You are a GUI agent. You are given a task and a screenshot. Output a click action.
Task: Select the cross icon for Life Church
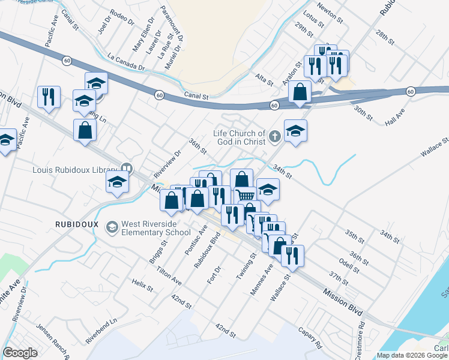click(275, 137)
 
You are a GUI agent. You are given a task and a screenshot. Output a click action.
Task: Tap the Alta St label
click(265, 79)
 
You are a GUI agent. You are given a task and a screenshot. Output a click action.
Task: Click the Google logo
click(20, 353)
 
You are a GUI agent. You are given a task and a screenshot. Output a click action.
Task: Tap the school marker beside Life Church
click(295, 131)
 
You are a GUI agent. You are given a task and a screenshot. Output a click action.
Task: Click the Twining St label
click(246, 265)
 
